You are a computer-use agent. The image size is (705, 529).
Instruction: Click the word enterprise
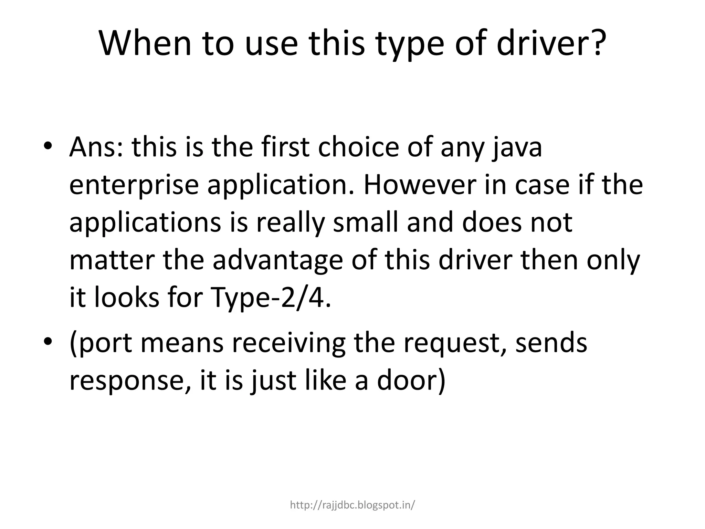pos(134,186)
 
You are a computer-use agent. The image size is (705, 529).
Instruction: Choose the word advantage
pos(277,261)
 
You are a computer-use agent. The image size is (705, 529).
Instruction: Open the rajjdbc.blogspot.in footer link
pos(352,505)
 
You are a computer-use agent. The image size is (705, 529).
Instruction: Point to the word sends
pos(551,343)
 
